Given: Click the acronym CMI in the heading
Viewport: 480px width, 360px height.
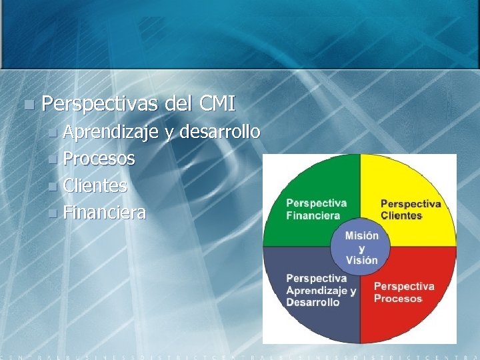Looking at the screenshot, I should coord(217,104).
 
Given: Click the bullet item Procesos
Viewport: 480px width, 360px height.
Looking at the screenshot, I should coord(99,159).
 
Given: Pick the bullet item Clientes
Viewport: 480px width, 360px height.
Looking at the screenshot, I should coord(95,186).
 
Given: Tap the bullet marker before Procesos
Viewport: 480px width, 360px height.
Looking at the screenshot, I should coord(54,159).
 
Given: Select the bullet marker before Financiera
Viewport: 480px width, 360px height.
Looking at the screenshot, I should coord(54,213).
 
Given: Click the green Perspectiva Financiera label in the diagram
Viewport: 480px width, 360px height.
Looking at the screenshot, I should coord(316,209).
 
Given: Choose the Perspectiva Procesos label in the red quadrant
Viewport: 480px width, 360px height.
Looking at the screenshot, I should coord(404,292).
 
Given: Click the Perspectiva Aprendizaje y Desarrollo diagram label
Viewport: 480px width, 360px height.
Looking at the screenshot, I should coord(321,290).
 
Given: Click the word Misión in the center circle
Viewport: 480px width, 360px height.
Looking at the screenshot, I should coord(361,235).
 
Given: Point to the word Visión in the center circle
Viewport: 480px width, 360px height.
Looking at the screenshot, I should coord(361,261).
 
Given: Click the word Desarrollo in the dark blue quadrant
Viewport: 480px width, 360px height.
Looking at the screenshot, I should coord(313,303).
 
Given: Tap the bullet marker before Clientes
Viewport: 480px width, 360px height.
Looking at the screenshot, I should coord(54,187).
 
